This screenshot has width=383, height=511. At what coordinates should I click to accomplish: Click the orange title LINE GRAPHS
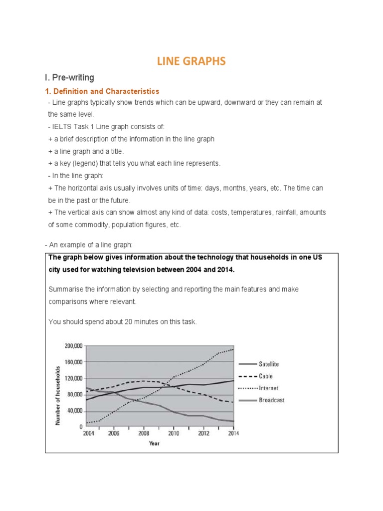tap(191, 61)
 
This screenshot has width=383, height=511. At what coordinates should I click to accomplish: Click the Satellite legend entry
tap(270, 364)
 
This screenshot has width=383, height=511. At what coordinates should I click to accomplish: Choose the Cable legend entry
tap(266, 376)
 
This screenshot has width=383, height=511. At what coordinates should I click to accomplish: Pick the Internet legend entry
tap(269, 388)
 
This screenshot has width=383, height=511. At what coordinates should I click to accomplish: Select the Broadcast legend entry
tap(272, 400)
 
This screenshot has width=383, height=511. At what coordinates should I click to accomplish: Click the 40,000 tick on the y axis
tap(74, 411)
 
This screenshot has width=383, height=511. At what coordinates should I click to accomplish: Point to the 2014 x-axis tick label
tap(233, 433)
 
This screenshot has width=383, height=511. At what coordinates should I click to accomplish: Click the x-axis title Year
tap(154, 443)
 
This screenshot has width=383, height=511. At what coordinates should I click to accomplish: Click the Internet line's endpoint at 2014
tap(233, 349)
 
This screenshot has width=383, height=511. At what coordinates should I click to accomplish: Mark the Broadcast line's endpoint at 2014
tap(233, 421)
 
